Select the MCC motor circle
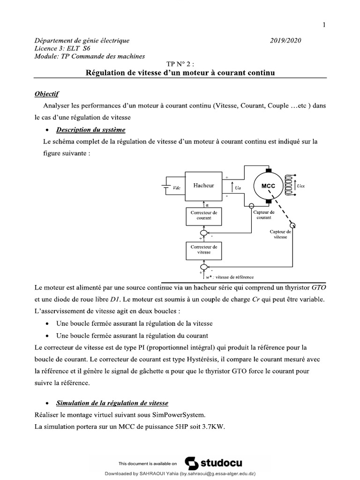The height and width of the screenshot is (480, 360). pos(269,186)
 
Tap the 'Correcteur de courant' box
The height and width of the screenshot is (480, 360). pos(204,215)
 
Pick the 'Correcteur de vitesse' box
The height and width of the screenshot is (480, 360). pos(204,249)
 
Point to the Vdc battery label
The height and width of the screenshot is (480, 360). pos(177,187)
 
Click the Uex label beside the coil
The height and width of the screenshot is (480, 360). pos(301,186)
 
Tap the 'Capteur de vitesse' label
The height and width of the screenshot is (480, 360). pos(280,234)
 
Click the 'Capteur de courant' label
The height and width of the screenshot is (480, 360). pos(264,215)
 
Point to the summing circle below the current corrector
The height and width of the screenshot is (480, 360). pos(204,232)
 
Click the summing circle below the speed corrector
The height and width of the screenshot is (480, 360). pos(204,267)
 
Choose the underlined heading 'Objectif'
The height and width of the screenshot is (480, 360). pos(47,94)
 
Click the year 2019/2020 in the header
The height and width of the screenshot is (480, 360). pos(285,40)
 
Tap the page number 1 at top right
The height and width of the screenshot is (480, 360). pos(324,25)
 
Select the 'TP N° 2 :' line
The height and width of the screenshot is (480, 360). pos(180,64)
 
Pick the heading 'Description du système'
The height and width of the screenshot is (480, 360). pos(90,130)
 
